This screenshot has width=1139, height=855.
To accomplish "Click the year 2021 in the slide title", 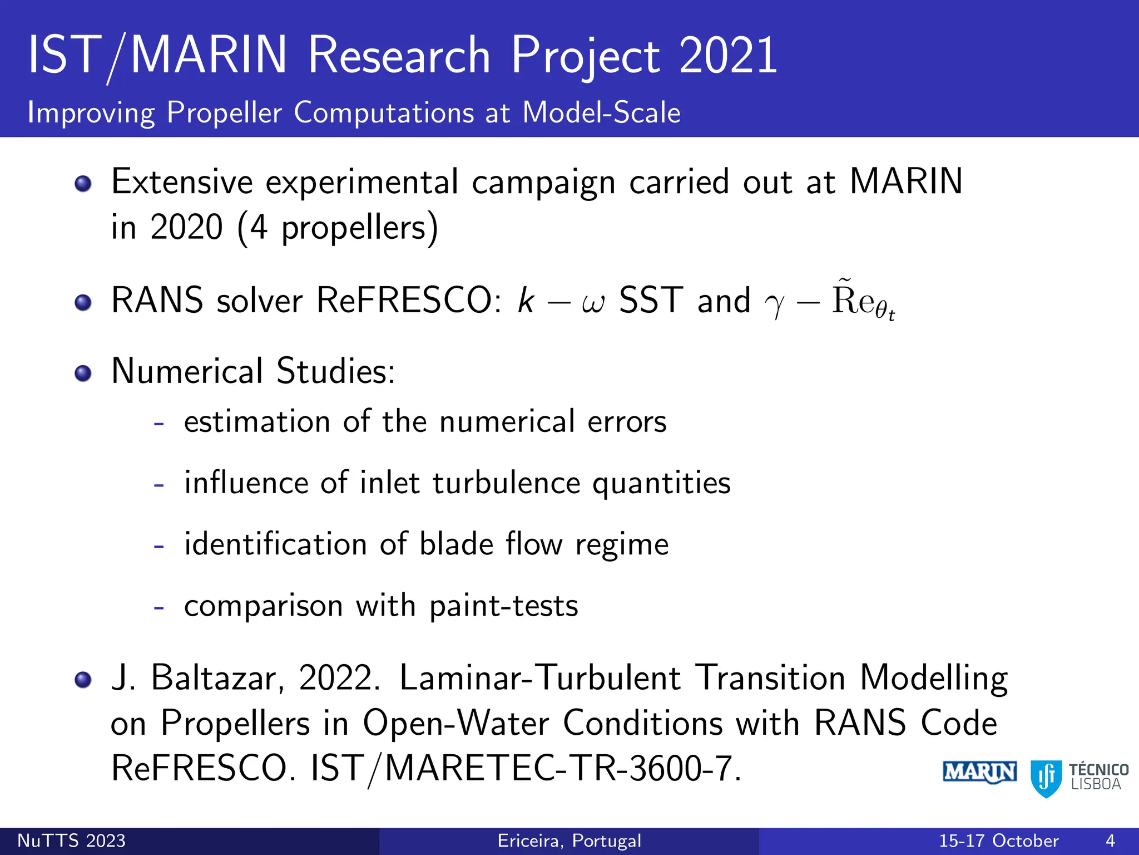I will pos(727,55).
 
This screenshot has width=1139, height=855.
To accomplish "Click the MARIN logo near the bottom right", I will pos(979,773).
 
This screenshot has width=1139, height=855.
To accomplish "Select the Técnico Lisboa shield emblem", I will pos(1046,778).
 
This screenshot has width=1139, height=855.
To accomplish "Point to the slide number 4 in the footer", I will pos(1110,841).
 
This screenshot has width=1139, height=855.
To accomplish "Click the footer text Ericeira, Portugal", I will pos(569,841).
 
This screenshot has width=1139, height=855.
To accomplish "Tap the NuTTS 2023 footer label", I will pos(71,841).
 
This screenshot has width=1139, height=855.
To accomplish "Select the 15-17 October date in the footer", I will pos(998,841).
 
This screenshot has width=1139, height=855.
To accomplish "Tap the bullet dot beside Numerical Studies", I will pos(83,373).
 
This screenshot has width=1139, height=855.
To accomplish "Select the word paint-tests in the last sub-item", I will pos(503,606).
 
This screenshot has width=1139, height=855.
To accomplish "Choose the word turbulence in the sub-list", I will pos(506,483).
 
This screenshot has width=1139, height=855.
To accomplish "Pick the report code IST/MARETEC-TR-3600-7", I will pos(526,769).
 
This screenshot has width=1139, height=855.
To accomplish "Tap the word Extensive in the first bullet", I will pos(182,182).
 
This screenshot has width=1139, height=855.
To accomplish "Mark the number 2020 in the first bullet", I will pos(186,227).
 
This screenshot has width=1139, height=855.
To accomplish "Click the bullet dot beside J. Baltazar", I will pos(83,680).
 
